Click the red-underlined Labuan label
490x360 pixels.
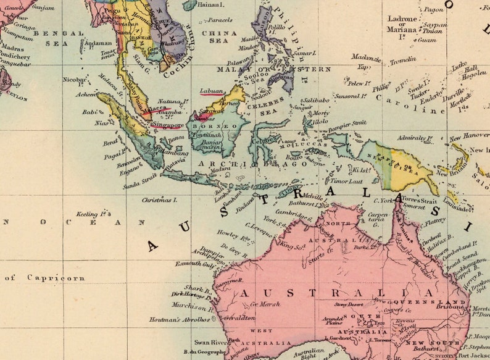pos(211,91)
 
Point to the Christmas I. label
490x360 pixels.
pos(159,200)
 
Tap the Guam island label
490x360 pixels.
pos(426,40)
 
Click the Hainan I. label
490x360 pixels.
pos(210,5)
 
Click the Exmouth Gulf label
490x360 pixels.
pos(195,264)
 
